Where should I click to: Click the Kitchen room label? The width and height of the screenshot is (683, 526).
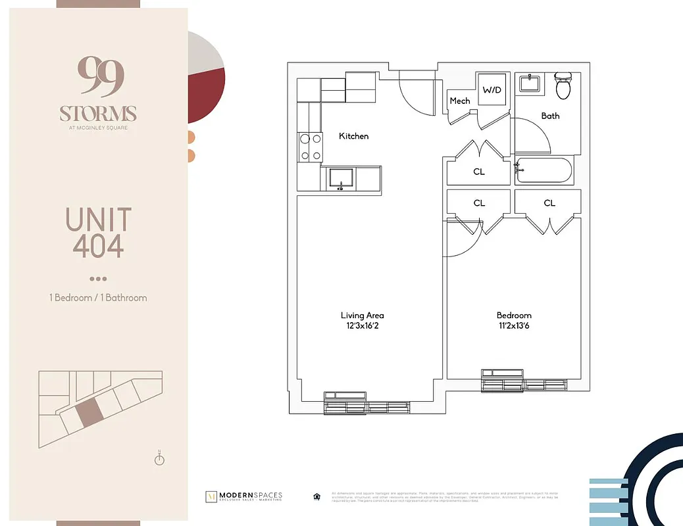(353, 136)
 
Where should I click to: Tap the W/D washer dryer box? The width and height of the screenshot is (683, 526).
(492, 90)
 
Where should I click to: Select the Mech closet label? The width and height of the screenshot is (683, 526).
(459, 101)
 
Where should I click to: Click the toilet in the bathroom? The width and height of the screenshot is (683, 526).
(563, 85)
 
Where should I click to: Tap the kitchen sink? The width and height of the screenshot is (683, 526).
(341, 178)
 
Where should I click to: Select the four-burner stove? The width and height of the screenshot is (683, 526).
(310, 147)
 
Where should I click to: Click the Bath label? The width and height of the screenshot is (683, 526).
(550, 116)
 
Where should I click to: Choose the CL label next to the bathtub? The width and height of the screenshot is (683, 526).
(479, 172)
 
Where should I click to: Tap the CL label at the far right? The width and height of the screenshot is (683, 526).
(549, 203)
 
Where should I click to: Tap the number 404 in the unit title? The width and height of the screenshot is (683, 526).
(98, 246)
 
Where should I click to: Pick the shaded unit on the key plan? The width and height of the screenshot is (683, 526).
(89, 413)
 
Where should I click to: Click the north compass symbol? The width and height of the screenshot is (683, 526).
(159, 459)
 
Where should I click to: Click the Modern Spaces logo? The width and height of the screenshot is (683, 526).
(245, 496)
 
